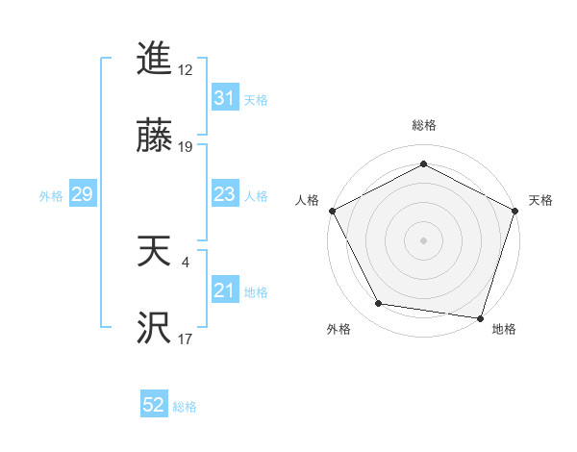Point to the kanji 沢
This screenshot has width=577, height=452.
tap(154, 331)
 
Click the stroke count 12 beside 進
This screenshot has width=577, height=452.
tap(186, 70)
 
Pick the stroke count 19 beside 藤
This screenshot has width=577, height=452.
tap(186, 147)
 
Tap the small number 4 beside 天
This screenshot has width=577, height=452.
tap(186, 262)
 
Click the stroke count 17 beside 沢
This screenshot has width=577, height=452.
tap(186, 339)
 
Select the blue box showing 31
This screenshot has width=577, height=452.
tap(224, 98)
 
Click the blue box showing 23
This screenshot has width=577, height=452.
tap(224, 194)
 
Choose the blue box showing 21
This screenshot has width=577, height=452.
tap(224, 290)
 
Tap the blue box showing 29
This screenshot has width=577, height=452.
tap(82, 195)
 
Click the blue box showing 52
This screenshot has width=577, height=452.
tap(154, 406)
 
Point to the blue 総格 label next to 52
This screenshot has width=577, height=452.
tap(185, 407)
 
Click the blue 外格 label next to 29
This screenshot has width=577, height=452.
tap(51, 196)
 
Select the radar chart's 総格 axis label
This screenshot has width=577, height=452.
tap(423, 125)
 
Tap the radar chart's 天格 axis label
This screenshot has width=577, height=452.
tap(540, 200)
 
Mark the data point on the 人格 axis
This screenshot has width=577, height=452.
tap(332, 210)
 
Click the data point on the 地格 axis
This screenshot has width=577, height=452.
tap(480, 317)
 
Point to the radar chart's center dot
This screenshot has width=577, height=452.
tap(423, 239)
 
